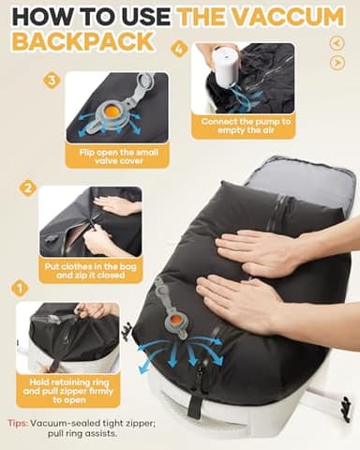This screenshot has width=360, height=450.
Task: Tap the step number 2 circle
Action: (28, 187)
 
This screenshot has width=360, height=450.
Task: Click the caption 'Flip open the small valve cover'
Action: (117, 155)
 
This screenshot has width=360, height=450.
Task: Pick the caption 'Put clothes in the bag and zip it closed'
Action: (90, 271)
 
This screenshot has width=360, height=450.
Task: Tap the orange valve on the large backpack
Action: (174, 324)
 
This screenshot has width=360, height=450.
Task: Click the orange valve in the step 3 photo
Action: (112, 109)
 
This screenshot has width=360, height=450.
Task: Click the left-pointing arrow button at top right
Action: (336, 43)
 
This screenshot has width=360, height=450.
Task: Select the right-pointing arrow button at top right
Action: (337, 62)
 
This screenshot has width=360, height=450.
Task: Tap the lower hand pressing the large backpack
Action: (245, 305)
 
